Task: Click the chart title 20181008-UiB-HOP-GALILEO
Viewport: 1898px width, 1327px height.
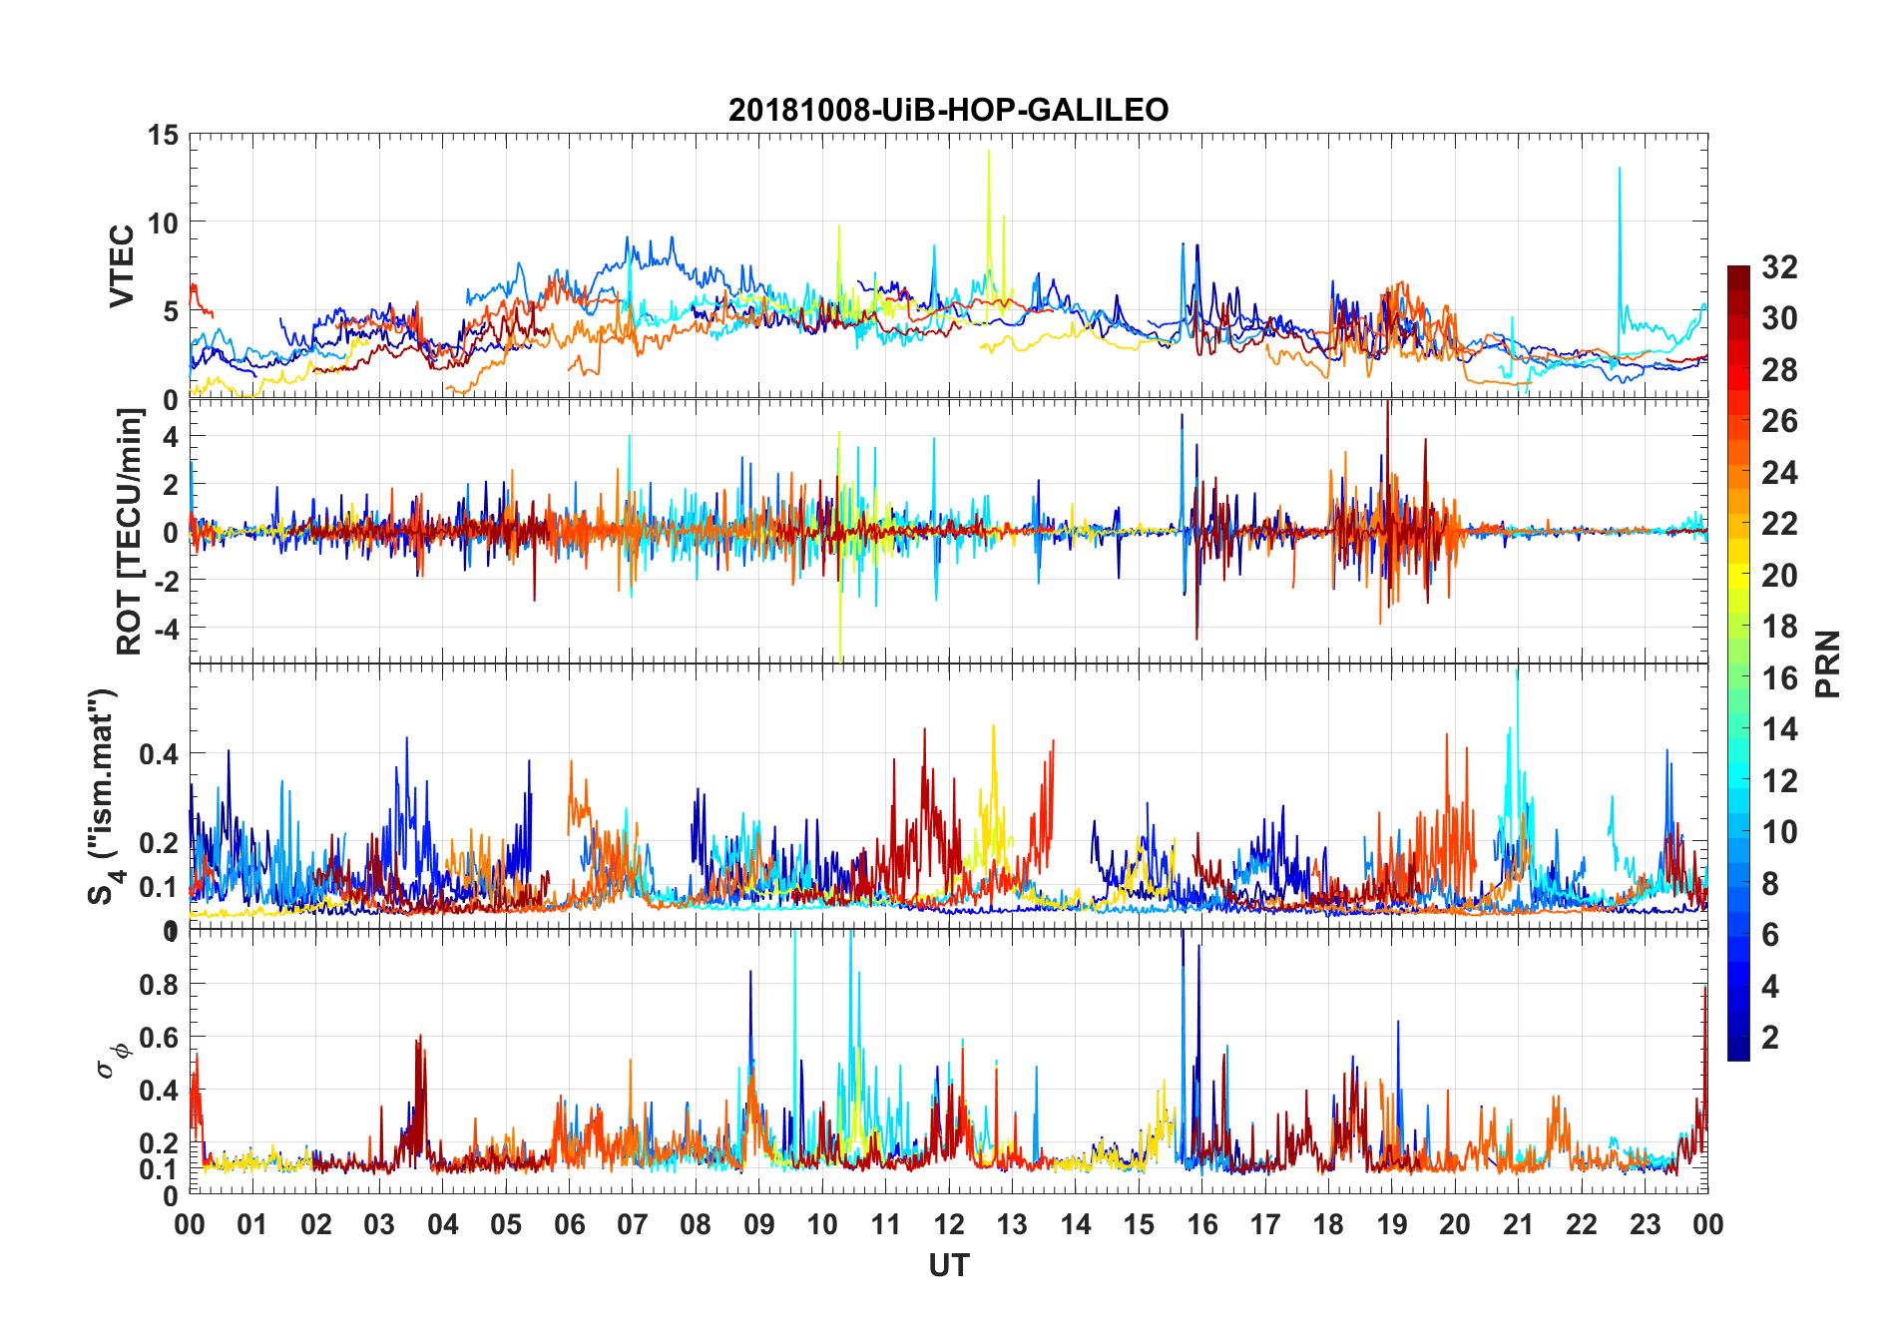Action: pyautogui.click(x=948, y=110)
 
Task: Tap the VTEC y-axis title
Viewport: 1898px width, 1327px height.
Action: pyautogui.click(x=122, y=266)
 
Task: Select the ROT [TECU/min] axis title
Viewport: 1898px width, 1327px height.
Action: pyautogui.click(x=130, y=531)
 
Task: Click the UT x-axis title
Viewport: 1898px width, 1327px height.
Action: pyautogui.click(x=948, y=1266)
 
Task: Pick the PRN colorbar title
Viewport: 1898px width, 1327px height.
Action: pyautogui.click(x=1827, y=663)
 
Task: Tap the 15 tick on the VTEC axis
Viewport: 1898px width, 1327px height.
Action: pyautogui.click(x=162, y=135)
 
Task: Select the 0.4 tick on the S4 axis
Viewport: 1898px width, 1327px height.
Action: pyautogui.click(x=159, y=753)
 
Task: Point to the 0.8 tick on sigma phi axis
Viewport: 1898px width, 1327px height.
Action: pyautogui.click(x=159, y=984)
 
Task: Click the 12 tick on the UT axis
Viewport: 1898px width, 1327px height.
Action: pyautogui.click(x=949, y=1224)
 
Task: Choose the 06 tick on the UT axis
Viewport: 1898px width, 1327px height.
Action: pyautogui.click(x=569, y=1224)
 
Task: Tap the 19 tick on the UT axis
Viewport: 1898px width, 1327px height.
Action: pyautogui.click(x=1391, y=1224)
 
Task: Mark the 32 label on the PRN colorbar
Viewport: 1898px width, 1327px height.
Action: pyautogui.click(x=1779, y=266)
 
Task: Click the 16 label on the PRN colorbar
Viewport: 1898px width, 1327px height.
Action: pyautogui.click(x=1779, y=677)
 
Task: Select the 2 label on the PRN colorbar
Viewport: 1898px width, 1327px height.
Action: pyautogui.click(x=1770, y=1037)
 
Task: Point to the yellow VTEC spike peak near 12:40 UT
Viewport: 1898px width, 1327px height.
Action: pyautogui.click(x=989, y=151)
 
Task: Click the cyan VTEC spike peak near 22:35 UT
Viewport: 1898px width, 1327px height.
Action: pyautogui.click(x=1619, y=168)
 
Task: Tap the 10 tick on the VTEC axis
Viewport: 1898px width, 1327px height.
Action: pyautogui.click(x=162, y=222)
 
